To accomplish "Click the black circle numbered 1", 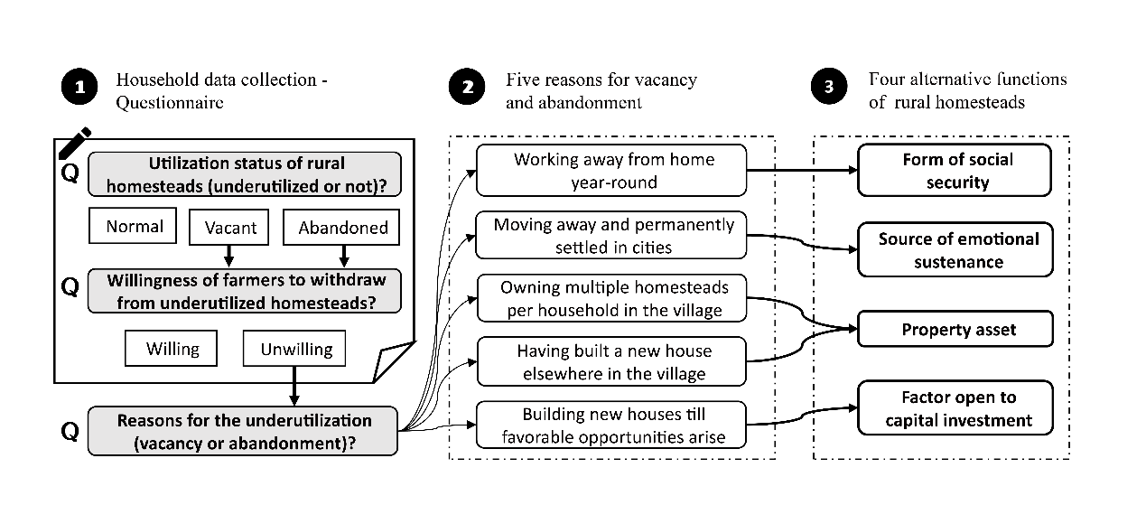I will coord(79,89).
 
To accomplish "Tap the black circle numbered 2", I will coord(468,89).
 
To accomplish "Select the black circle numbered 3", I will coord(829,89).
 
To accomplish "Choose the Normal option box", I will coord(135,227).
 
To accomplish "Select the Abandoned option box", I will coord(342,227).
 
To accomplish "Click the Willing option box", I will coord(172,348).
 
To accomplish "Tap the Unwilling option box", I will coord(296,348).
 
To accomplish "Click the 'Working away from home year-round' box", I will coord(612,171).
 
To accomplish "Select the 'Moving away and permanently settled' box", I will coord(612,235).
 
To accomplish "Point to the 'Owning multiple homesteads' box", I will coord(612,298).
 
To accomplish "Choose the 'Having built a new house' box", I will coord(612,361).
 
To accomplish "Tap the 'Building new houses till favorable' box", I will coord(612,426).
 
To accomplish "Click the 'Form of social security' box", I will coord(955,171).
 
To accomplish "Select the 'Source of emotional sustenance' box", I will coord(955,250).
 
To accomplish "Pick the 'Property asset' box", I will coord(955,330).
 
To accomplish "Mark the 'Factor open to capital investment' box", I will coord(955,408).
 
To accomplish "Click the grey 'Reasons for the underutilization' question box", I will coord(243,431).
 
